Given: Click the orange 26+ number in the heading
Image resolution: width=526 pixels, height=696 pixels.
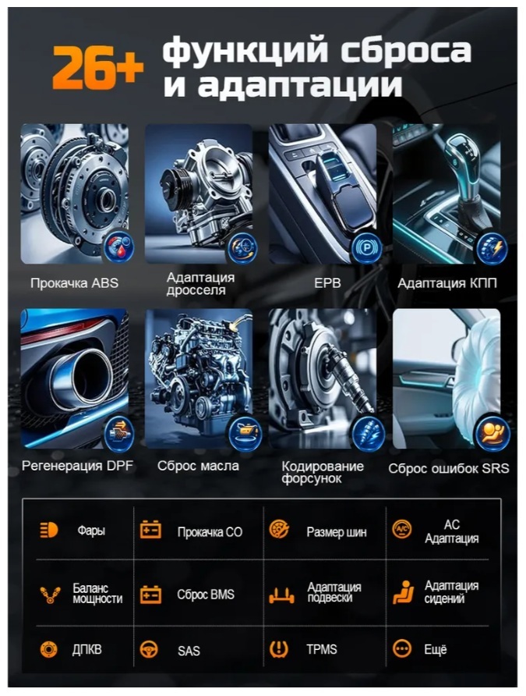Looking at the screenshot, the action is click(98, 67).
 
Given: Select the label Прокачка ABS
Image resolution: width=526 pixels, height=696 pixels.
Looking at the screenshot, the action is click(75, 282).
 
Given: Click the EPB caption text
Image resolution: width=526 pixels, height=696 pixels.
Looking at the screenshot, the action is click(327, 282).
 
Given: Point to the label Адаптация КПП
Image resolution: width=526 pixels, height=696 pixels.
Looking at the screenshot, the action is click(447, 282).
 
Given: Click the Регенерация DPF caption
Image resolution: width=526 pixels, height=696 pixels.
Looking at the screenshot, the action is click(77, 466).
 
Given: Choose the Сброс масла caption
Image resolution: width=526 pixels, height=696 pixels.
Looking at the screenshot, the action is click(198, 466).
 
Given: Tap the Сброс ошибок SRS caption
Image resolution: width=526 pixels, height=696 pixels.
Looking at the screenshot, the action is click(448, 468).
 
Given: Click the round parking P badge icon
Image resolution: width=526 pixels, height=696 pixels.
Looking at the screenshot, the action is click(366, 247).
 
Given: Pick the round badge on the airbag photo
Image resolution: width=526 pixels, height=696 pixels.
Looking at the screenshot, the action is click(492, 431).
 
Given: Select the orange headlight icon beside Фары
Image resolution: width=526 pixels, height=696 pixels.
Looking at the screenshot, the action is click(49, 530).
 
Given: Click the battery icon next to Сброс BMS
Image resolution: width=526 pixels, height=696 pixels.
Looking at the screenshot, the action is click(150, 594).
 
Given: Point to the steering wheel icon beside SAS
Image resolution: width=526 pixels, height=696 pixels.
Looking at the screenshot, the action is click(149, 649).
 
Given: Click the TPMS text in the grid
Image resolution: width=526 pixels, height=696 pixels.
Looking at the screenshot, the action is click(322, 649).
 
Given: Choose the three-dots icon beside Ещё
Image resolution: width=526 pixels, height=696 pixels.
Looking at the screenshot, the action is click(402, 648).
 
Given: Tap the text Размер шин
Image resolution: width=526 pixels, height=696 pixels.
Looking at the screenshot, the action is click(337, 532).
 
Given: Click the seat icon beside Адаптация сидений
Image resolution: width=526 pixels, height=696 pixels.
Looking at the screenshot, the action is click(403, 592).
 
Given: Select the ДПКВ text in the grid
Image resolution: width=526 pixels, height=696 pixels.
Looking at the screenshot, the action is click(87, 649).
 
